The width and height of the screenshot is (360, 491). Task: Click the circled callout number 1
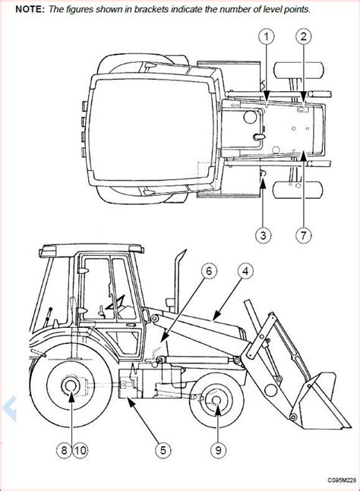(266, 37)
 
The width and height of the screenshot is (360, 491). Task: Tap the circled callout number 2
(303, 37)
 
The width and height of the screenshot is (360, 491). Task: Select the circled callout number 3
(264, 234)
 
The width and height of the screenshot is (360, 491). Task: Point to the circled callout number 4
(245, 272)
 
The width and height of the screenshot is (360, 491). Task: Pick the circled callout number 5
(163, 450)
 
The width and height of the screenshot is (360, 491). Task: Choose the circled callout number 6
(209, 272)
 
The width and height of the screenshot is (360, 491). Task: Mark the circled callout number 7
(303, 234)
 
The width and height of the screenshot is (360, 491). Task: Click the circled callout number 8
(65, 450)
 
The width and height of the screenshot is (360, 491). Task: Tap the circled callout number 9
(219, 450)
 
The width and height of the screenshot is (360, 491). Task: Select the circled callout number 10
(81, 450)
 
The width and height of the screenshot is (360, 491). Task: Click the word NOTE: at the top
(30, 9)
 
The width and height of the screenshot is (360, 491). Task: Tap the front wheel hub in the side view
(216, 401)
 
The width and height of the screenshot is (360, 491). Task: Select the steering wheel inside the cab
(116, 303)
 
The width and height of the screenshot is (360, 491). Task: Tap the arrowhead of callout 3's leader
(264, 183)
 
